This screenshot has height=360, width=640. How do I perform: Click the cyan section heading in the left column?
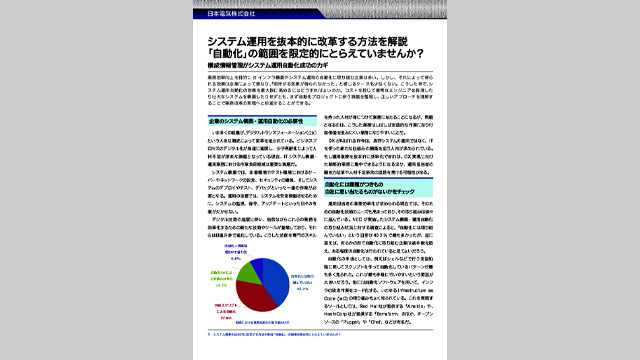pyautogui.click(x=232, y=119)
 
